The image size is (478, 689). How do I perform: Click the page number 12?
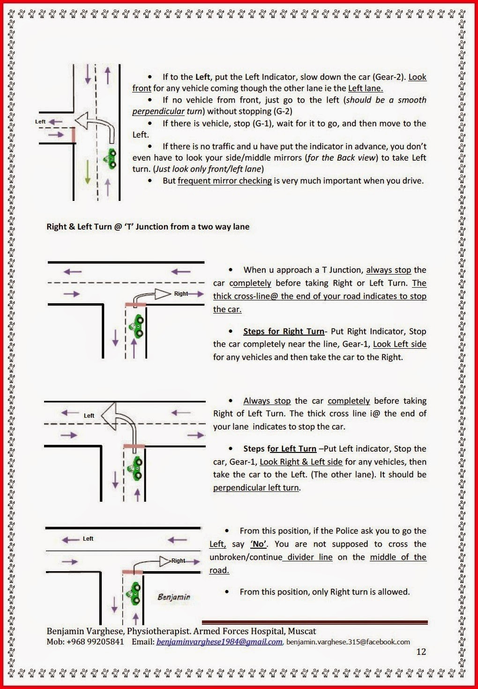coord(421,651)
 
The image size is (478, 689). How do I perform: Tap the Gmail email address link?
coord(219,642)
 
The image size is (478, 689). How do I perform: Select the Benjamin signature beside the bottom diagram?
coord(174,597)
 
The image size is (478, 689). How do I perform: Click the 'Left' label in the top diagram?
coord(41,122)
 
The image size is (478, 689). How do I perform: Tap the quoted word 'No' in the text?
coord(258,544)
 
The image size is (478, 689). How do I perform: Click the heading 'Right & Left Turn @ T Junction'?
coord(148,227)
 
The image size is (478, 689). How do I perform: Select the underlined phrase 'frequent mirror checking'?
coord(224,181)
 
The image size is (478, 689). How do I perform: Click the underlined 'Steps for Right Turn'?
coord(284,331)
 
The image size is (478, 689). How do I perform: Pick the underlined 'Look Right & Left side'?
coord(301,462)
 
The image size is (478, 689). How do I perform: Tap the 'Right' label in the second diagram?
coord(181,294)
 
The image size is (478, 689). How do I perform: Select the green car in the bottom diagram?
coord(134,593)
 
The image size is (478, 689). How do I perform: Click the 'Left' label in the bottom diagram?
coord(88,539)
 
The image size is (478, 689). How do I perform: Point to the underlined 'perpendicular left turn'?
coord(256,488)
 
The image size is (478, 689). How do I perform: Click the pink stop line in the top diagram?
coord(73,135)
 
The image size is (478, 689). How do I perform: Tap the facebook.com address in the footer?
coord(348,642)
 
